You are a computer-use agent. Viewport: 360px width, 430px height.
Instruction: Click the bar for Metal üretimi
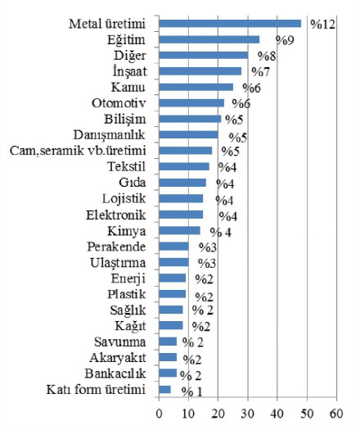230,24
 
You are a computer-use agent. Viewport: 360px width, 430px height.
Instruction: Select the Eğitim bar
209,39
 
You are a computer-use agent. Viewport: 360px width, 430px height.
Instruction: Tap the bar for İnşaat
200,71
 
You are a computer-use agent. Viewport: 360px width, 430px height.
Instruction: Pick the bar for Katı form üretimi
164,389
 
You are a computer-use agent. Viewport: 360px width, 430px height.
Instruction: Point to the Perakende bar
173,247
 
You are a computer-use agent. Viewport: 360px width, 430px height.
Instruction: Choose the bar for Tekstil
184,166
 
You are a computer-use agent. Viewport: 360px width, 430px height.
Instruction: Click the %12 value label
322,25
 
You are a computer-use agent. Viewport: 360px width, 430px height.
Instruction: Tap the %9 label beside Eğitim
285,40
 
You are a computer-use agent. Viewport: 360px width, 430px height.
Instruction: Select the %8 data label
267,57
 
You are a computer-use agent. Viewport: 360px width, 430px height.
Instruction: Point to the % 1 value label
191,392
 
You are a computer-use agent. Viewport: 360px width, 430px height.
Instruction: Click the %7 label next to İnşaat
261,72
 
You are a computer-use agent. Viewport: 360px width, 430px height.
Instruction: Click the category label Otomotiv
119,103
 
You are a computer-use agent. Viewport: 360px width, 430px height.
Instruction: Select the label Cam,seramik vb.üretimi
78,151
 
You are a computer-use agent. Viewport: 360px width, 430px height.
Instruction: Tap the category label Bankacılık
115,373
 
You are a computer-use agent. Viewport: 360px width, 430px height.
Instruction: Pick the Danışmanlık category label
109,135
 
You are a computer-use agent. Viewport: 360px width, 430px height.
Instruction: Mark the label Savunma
119,342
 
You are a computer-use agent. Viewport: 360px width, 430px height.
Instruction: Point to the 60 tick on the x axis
336,414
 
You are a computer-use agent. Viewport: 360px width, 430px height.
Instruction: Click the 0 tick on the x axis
159,414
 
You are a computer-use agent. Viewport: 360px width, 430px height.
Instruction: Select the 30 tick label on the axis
248,414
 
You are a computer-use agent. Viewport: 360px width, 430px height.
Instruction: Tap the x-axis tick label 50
307,414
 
